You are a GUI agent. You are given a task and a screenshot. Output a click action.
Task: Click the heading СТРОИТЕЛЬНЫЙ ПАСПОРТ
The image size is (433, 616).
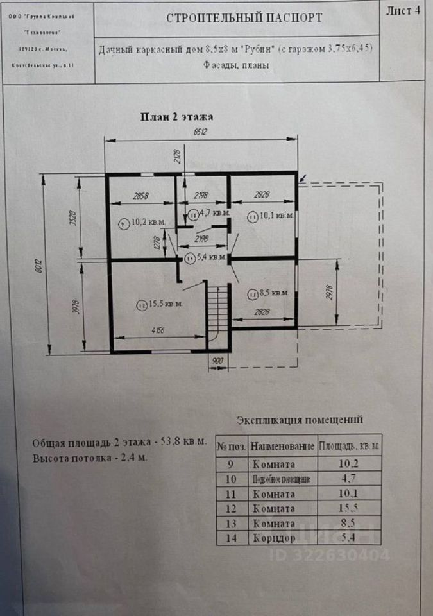click(x=244, y=18)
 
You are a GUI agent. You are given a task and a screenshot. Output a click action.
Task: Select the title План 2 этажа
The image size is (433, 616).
click(x=176, y=117)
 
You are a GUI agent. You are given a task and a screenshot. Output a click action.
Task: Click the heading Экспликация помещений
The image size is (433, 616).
click(x=300, y=421)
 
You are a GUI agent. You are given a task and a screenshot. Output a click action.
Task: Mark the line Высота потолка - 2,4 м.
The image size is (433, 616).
click(x=90, y=458)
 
